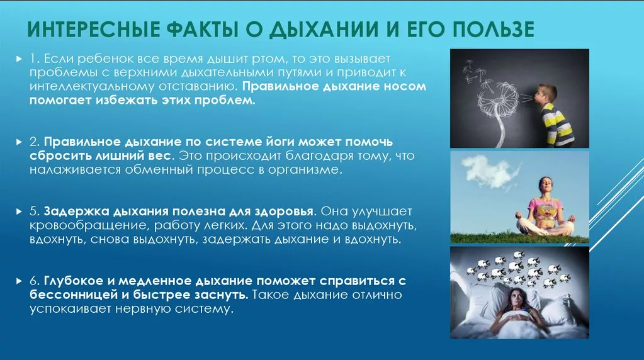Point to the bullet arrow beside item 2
tap(19, 143)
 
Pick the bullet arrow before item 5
tap(19, 212)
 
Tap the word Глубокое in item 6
tap(76, 281)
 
